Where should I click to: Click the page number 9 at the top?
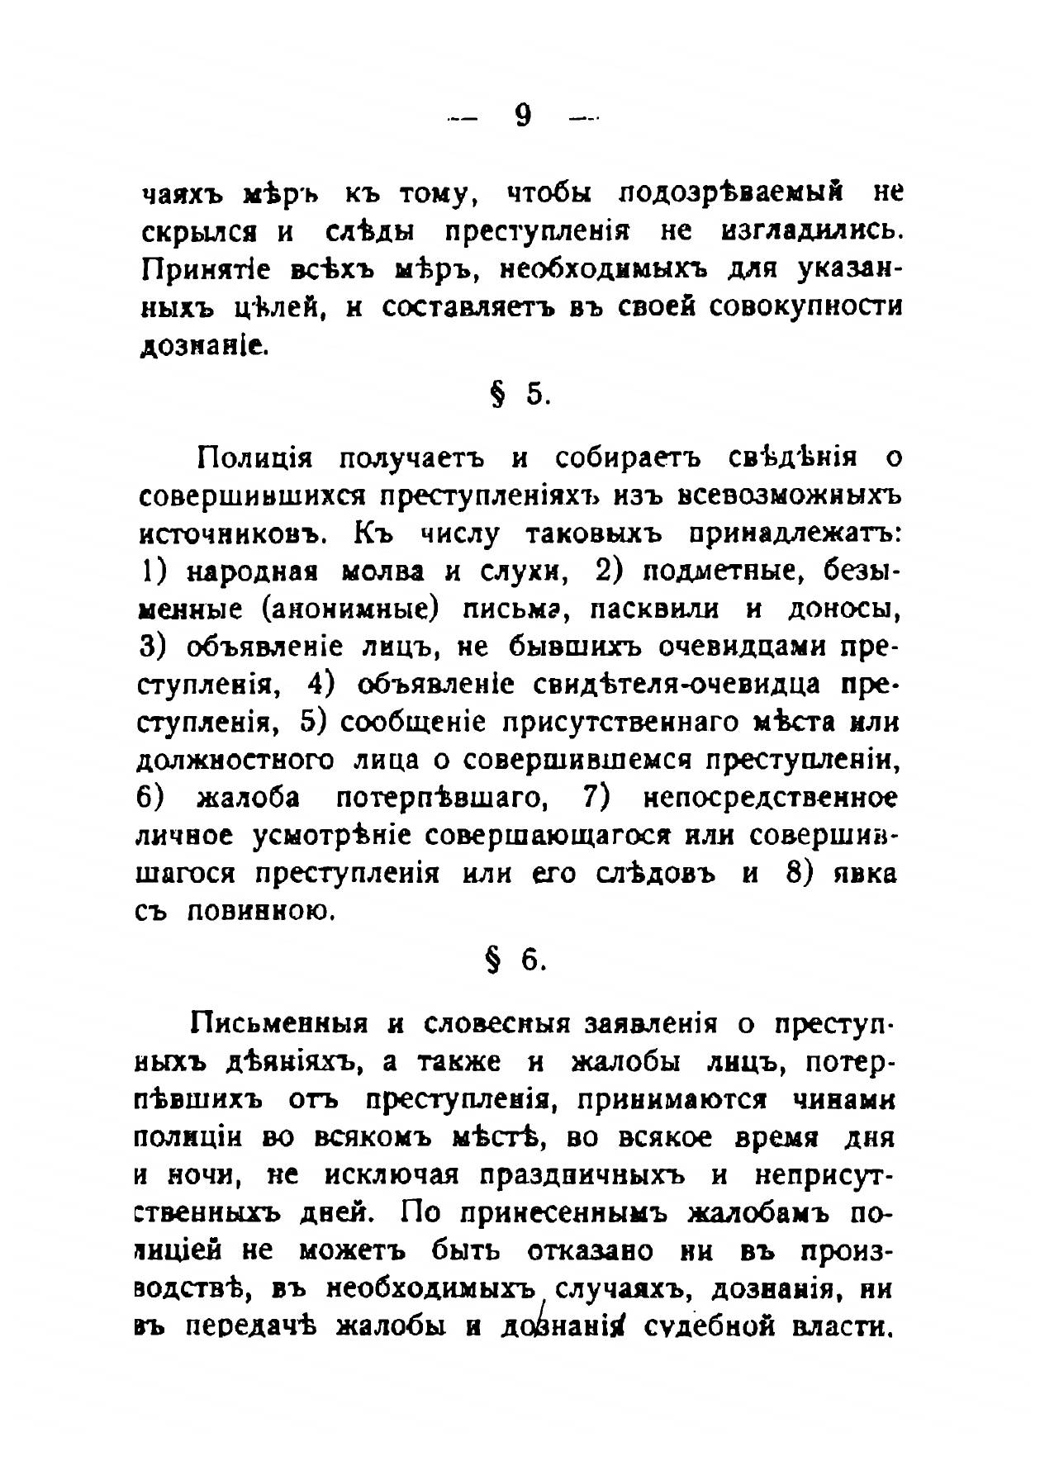(x=522, y=116)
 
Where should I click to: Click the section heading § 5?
(x=519, y=395)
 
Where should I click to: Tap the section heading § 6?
(x=519, y=961)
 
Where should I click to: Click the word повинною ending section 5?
(x=261, y=912)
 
